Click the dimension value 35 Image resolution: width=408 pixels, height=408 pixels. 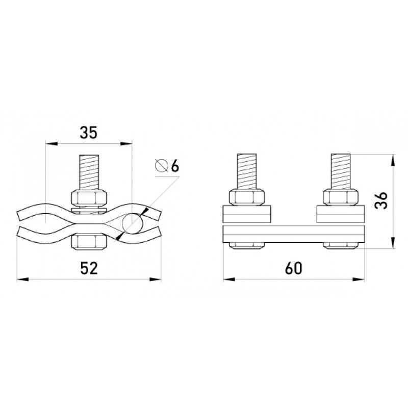(x=88, y=133)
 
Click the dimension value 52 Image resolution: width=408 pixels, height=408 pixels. (x=89, y=268)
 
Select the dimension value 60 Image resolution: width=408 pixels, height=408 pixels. (x=294, y=268)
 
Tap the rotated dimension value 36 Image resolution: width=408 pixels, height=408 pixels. (x=381, y=200)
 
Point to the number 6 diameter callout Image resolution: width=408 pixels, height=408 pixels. (x=175, y=166)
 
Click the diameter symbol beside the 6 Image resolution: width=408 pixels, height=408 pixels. (x=161, y=165)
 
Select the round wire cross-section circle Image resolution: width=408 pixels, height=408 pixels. (x=133, y=223)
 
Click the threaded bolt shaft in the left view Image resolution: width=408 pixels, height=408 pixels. (x=89, y=172)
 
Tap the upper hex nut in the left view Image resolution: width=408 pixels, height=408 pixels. (x=89, y=198)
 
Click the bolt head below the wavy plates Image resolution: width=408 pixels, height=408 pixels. (x=89, y=242)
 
